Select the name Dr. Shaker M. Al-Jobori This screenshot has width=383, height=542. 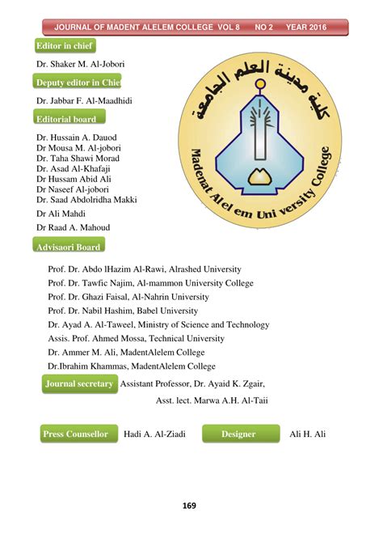pos(80,63)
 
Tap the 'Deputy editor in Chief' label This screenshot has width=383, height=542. pos(78,83)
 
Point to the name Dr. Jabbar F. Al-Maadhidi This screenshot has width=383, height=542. pos(84,100)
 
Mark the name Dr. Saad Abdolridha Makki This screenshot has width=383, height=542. pos(86,199)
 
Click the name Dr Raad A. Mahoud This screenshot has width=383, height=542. pos(73,227)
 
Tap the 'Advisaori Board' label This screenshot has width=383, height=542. pos(68,247)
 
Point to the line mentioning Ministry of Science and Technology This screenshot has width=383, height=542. pos(158,324)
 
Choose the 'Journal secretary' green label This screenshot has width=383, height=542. pos(79,384)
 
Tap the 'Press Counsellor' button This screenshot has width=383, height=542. pos(75,434)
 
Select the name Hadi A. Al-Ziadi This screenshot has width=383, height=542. pos(154,434)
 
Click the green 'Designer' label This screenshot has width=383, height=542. pos(240,434)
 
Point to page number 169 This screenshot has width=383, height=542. pos(189,506)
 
